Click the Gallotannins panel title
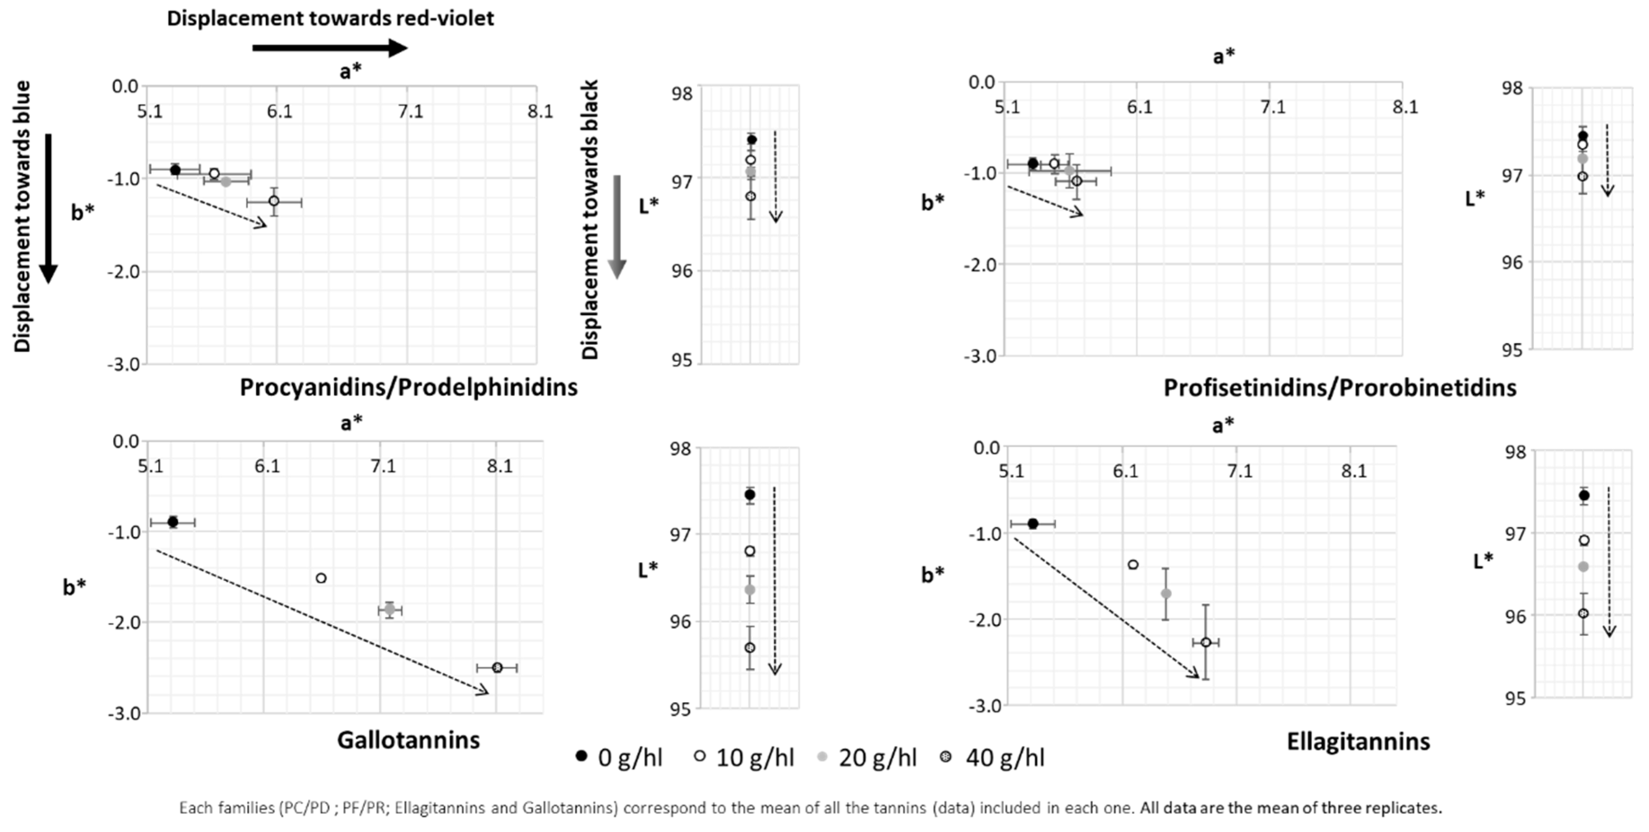[x=408, y=740]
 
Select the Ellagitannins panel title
[x=1358, y=741]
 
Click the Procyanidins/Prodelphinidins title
[x=408, y=387]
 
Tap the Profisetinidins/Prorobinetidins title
[x=1339, y=387]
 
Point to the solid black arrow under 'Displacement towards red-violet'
[x=330, y=47]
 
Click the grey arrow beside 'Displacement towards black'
[x=616, y=227]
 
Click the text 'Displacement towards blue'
[x=22, y=216]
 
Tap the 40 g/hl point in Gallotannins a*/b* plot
[x=497, y=668]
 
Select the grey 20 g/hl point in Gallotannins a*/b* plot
[x=389, y=609]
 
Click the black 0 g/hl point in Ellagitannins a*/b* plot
[x=1033, y=524]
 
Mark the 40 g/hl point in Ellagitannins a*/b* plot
[x=1205, y=642]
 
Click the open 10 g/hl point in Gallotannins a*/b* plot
[x=321, y=578]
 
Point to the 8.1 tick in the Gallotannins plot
[x=500, y=465]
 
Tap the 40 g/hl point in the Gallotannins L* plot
[x=750, y=647]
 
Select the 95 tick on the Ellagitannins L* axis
[x=1515, y=698]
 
